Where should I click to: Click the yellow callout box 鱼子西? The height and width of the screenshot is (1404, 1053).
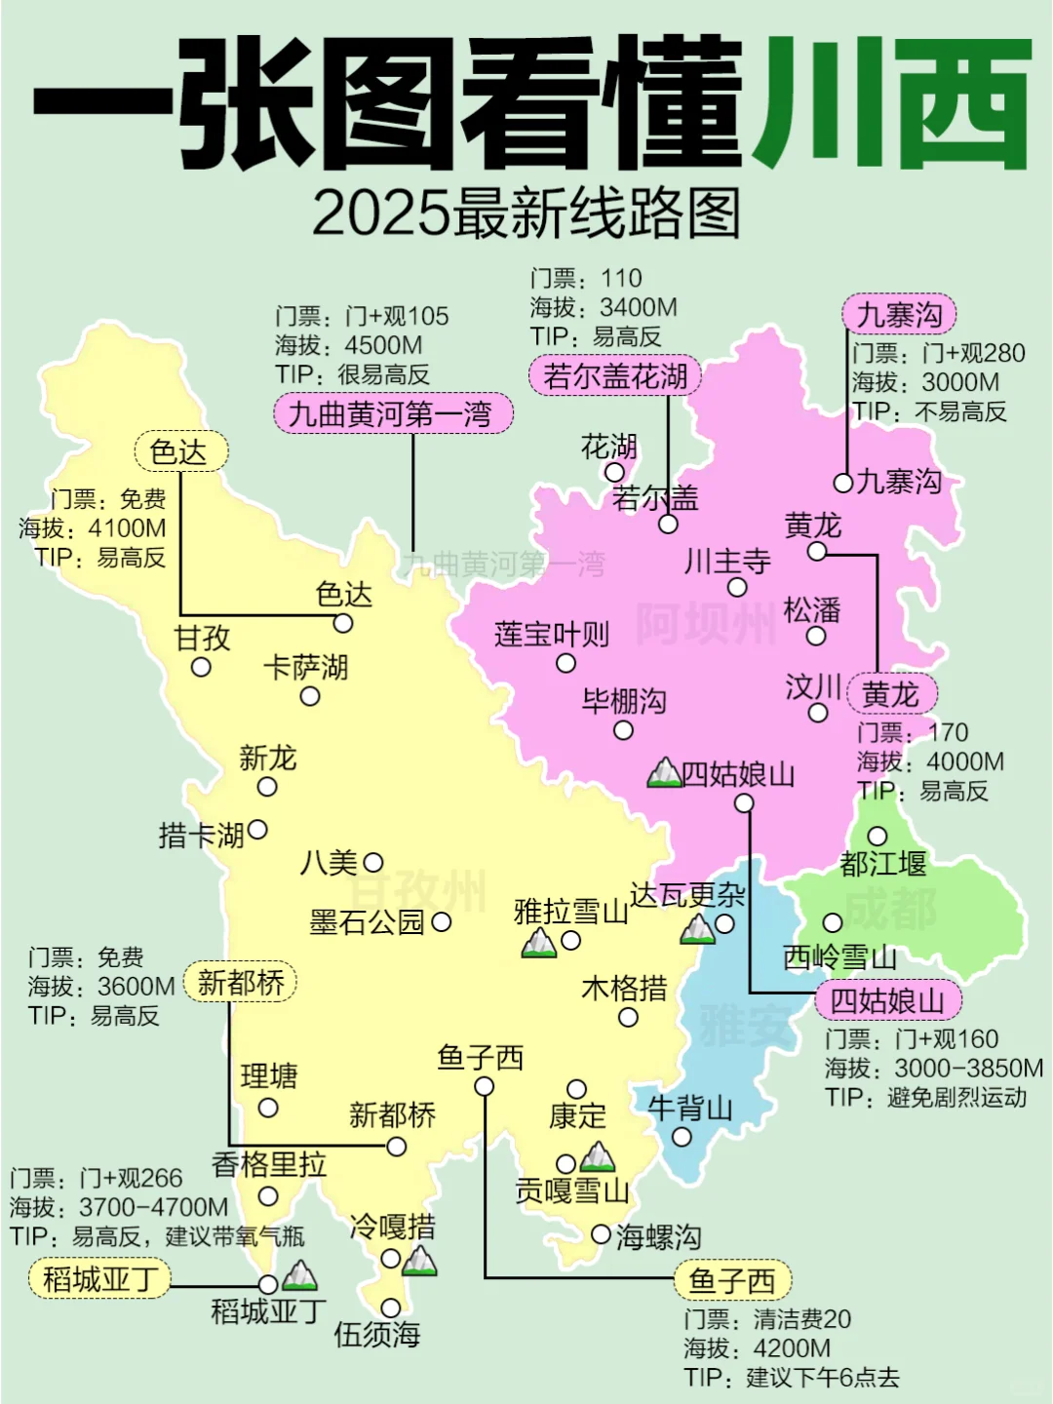click(x=732, y=1280)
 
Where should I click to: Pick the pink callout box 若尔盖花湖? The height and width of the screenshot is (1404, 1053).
click(x=615, y=376)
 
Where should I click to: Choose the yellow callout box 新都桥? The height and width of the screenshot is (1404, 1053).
click(x=240, y=982)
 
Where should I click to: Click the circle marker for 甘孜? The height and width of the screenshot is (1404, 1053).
click(x=201, y=668)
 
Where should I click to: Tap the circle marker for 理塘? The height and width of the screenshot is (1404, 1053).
click(x=268, y=1108)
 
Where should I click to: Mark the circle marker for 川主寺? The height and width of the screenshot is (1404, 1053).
click(x=737, y=587)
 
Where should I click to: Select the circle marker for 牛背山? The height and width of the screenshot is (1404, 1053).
click(x=682, y=1137)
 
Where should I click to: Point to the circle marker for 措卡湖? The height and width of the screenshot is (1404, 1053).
click(x=257, y=830)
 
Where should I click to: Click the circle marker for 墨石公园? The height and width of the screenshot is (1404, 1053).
click(x=441, y=921)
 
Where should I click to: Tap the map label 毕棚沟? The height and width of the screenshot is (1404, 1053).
click(x=624, y=701)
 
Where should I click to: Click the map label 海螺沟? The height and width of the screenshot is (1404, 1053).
click(x=659, y=1237)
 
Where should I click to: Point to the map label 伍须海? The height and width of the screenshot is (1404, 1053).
click(x=377, y=1334)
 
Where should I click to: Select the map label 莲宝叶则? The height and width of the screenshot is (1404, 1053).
click(x=552, y=635)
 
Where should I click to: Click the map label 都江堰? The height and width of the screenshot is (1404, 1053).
click(x=883, y=864)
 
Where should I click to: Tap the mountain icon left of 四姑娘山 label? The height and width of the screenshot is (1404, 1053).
click(x=664, y=773)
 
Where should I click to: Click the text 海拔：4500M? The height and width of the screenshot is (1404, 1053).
click(x=348, y=346)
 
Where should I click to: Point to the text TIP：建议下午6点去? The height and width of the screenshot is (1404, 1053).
click(x=791, y=1378)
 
